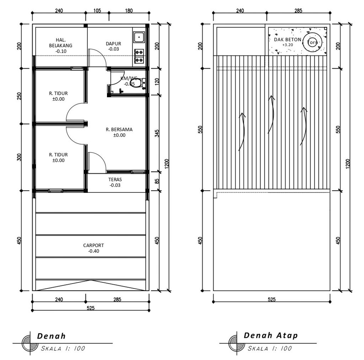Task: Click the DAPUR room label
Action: (113, 44)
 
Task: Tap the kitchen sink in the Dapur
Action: (139, 37)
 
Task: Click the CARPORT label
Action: (93, 245)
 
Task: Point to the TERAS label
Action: (115, 180)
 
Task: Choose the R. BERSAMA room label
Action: (119, 129)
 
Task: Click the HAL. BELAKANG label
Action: (60, 43)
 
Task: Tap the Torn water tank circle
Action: (312, 42)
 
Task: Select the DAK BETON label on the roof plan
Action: (287, 39)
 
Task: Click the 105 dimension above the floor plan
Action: (97, 11)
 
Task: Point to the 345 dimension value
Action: (157, 133)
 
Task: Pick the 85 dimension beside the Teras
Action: (157, 181)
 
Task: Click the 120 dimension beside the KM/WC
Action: (157, 81)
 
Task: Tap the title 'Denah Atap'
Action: (271, 335)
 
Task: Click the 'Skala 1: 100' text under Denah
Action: (63, 348)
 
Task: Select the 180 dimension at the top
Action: (129, 11)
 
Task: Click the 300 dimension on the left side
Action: (19, 157)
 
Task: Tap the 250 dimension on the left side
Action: (19, 96)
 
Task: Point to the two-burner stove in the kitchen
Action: (139, 56)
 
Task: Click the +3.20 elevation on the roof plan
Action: (288, 45)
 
